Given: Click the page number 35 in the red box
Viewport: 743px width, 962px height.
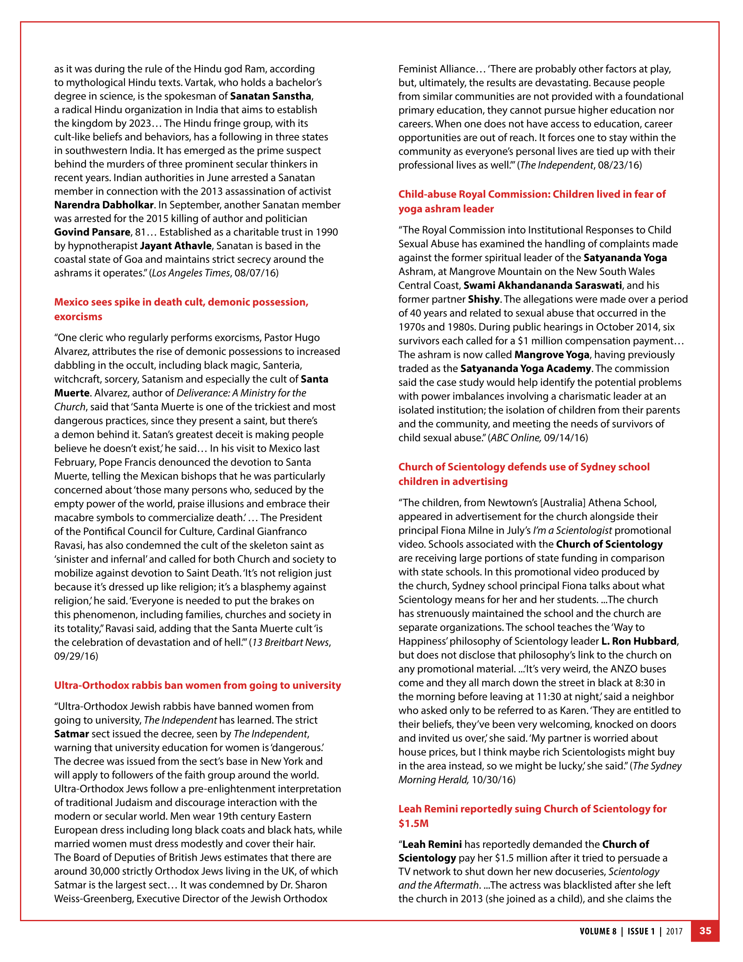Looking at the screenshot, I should [x=705, y=930].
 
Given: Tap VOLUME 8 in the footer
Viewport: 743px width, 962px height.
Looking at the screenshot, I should [x=598, y=931].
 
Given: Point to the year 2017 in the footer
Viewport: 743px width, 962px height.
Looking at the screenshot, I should [x=674, y=931].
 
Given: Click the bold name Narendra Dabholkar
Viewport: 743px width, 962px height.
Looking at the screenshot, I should [x=104, y=205].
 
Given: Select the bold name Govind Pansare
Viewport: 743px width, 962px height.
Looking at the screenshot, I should [x=92, y=232].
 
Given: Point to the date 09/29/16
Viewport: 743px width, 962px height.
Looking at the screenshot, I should [x=76, y=656].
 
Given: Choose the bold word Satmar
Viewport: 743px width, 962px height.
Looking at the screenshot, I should [x=72, y=734].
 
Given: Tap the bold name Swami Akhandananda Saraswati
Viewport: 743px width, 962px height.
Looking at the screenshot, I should [x=543, y=285].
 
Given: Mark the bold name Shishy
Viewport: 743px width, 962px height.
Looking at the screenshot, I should [x=484, y=300].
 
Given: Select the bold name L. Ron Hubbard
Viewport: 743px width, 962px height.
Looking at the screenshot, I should [x=638, y=641].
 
